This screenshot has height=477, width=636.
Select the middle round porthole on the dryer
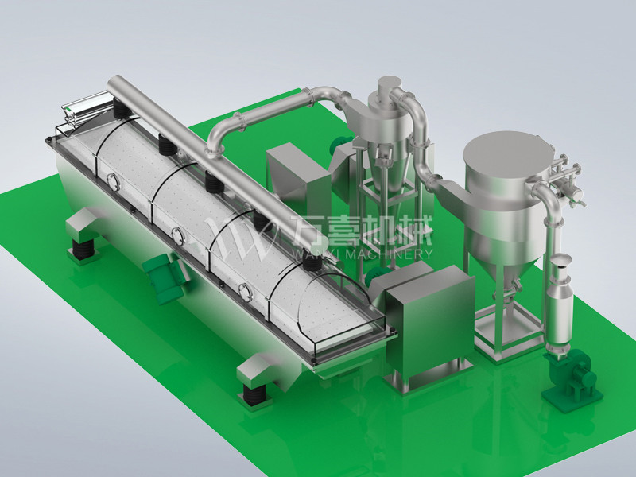177,236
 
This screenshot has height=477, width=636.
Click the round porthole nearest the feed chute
113,182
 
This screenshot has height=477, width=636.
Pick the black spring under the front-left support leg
84,248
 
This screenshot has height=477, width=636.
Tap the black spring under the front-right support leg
254,394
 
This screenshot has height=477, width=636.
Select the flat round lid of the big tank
509,156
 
